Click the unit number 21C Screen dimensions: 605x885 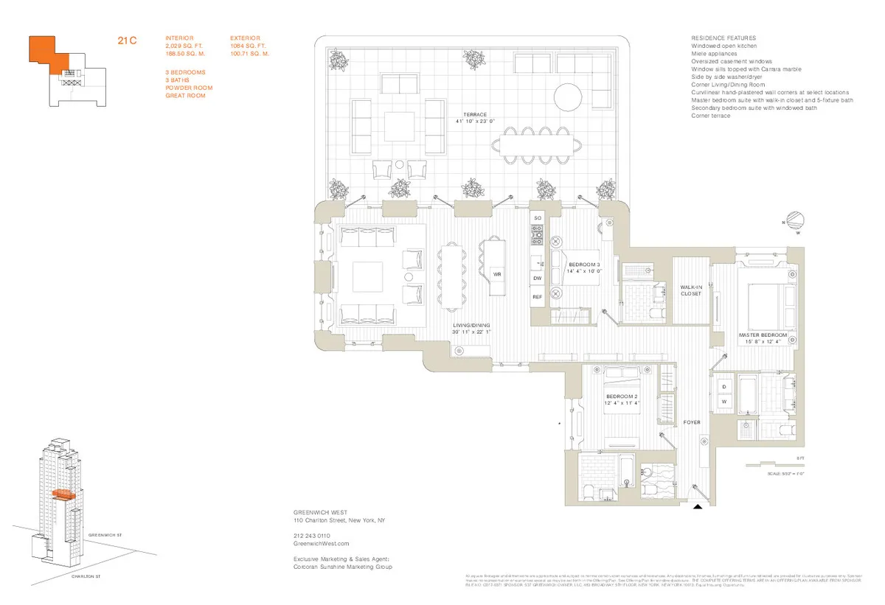128,41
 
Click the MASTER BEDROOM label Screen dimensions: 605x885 763,335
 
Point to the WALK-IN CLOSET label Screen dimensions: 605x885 691,290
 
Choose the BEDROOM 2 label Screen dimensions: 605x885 621,399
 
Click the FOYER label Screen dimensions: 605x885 691,422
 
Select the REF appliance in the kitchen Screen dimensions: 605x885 537,297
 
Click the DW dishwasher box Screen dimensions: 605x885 537,278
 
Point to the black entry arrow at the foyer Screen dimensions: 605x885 697,506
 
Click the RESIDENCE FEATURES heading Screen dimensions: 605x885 723,38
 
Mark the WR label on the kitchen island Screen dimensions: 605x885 496,274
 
